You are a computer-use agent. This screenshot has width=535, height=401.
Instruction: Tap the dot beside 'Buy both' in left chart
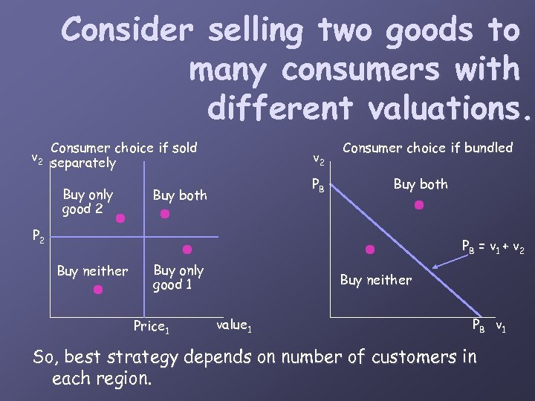tap(165, 214)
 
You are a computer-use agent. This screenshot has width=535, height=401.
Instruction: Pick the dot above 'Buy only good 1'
tap(187, 250)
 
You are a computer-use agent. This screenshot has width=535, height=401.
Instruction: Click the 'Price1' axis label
tap(152, 326)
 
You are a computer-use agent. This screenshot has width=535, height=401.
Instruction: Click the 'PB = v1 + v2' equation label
tap(493, 247)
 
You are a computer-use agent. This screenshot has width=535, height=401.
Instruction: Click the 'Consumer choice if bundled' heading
tap(427, 148)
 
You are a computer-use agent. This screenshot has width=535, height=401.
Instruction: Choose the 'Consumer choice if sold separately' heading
tap(123, 154)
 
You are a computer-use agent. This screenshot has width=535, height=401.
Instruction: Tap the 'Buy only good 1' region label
tap(178, 277)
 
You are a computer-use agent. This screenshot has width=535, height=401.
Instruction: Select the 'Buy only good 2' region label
tap(88, 201)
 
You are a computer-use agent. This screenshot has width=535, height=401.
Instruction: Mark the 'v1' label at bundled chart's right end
tap(502, 326)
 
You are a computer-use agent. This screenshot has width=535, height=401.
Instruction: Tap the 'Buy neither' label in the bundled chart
tap(375, 280)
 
